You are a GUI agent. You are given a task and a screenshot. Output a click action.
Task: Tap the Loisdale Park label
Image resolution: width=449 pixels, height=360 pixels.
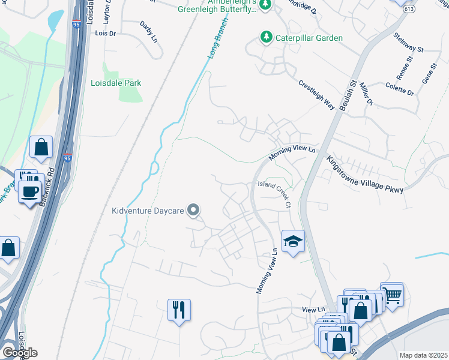pyautogui.click(x=116, y=83)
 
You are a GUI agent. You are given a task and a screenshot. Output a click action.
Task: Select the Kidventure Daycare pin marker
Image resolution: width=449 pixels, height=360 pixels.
pyautogui.click(x=193, y=210)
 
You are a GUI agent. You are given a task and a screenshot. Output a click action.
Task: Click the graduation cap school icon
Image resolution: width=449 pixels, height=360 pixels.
pyautogui.click(x=293, y=241)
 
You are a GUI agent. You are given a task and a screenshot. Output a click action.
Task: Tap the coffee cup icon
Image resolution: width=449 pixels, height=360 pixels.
pyautogui.click(x=29, y=191)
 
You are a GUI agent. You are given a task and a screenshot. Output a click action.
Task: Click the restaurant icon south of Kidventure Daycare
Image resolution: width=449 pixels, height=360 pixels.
pyautogui.click(x=179, y=310)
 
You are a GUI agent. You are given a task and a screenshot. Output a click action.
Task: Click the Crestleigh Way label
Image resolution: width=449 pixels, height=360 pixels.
pyautogui.click(x=316, y=93)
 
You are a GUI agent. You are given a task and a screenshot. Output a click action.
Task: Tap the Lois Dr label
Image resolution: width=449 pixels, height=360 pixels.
pyautogui.click(x=105, y=34)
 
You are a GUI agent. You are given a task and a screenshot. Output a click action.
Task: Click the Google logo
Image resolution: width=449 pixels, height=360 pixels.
pyautogui.click(x=20, y=352)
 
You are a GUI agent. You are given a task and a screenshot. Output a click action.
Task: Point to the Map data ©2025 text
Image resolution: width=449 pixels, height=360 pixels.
pyautogui.click(x=423, y=355)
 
